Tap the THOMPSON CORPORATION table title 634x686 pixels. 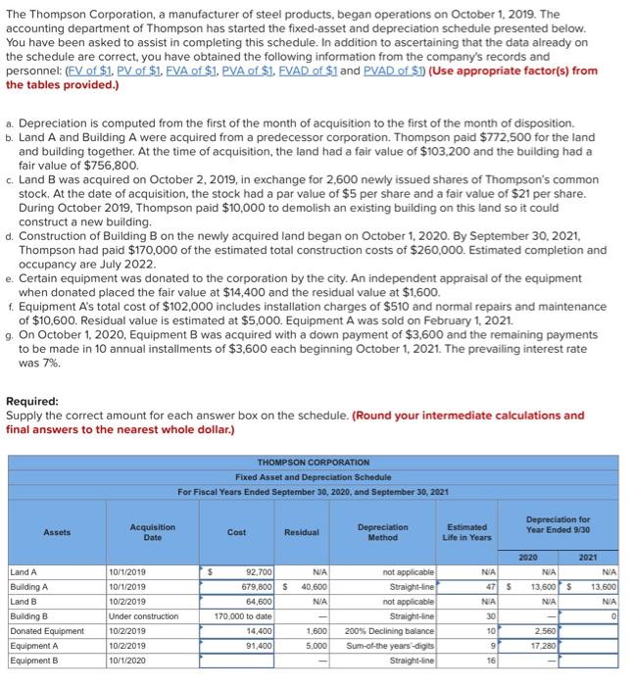point(313,462)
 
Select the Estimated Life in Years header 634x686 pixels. point(467,532)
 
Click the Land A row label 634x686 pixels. point(24,571)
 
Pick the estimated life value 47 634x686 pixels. point(487,587)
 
